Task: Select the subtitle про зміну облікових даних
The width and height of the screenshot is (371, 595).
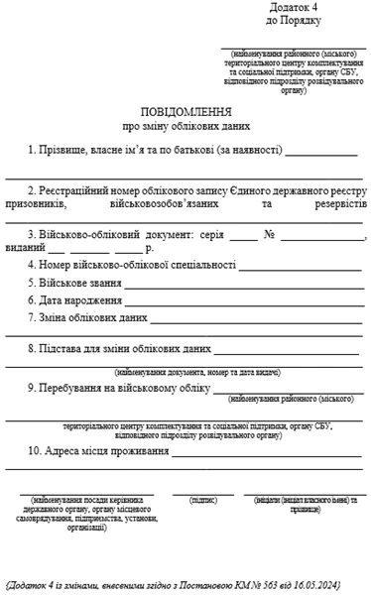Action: [186, 127]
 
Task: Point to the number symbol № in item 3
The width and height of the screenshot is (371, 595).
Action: [269, 235]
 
